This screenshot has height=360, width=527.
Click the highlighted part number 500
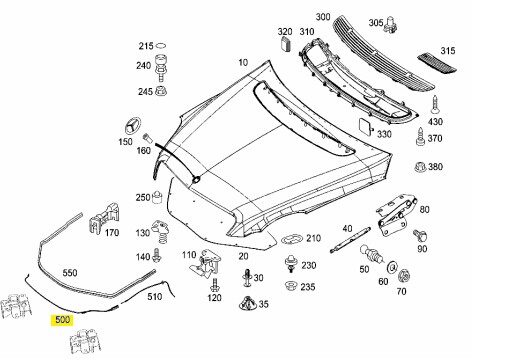[x=62, y=319]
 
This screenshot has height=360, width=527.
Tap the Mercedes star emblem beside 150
[x=130, y=126]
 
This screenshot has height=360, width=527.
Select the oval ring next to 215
[x=161, y=45]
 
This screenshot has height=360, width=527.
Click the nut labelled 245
[x=161, y=90]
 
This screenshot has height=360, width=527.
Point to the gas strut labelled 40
[x=350, y=240]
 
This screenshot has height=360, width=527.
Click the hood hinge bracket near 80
[x=395, y=214]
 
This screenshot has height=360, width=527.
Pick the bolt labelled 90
[x=420, y=235]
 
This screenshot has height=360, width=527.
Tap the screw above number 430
[x=435, y=105]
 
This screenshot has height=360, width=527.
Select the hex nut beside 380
[x=420, y=166]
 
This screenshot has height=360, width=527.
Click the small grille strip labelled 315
[x=437, y=63]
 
